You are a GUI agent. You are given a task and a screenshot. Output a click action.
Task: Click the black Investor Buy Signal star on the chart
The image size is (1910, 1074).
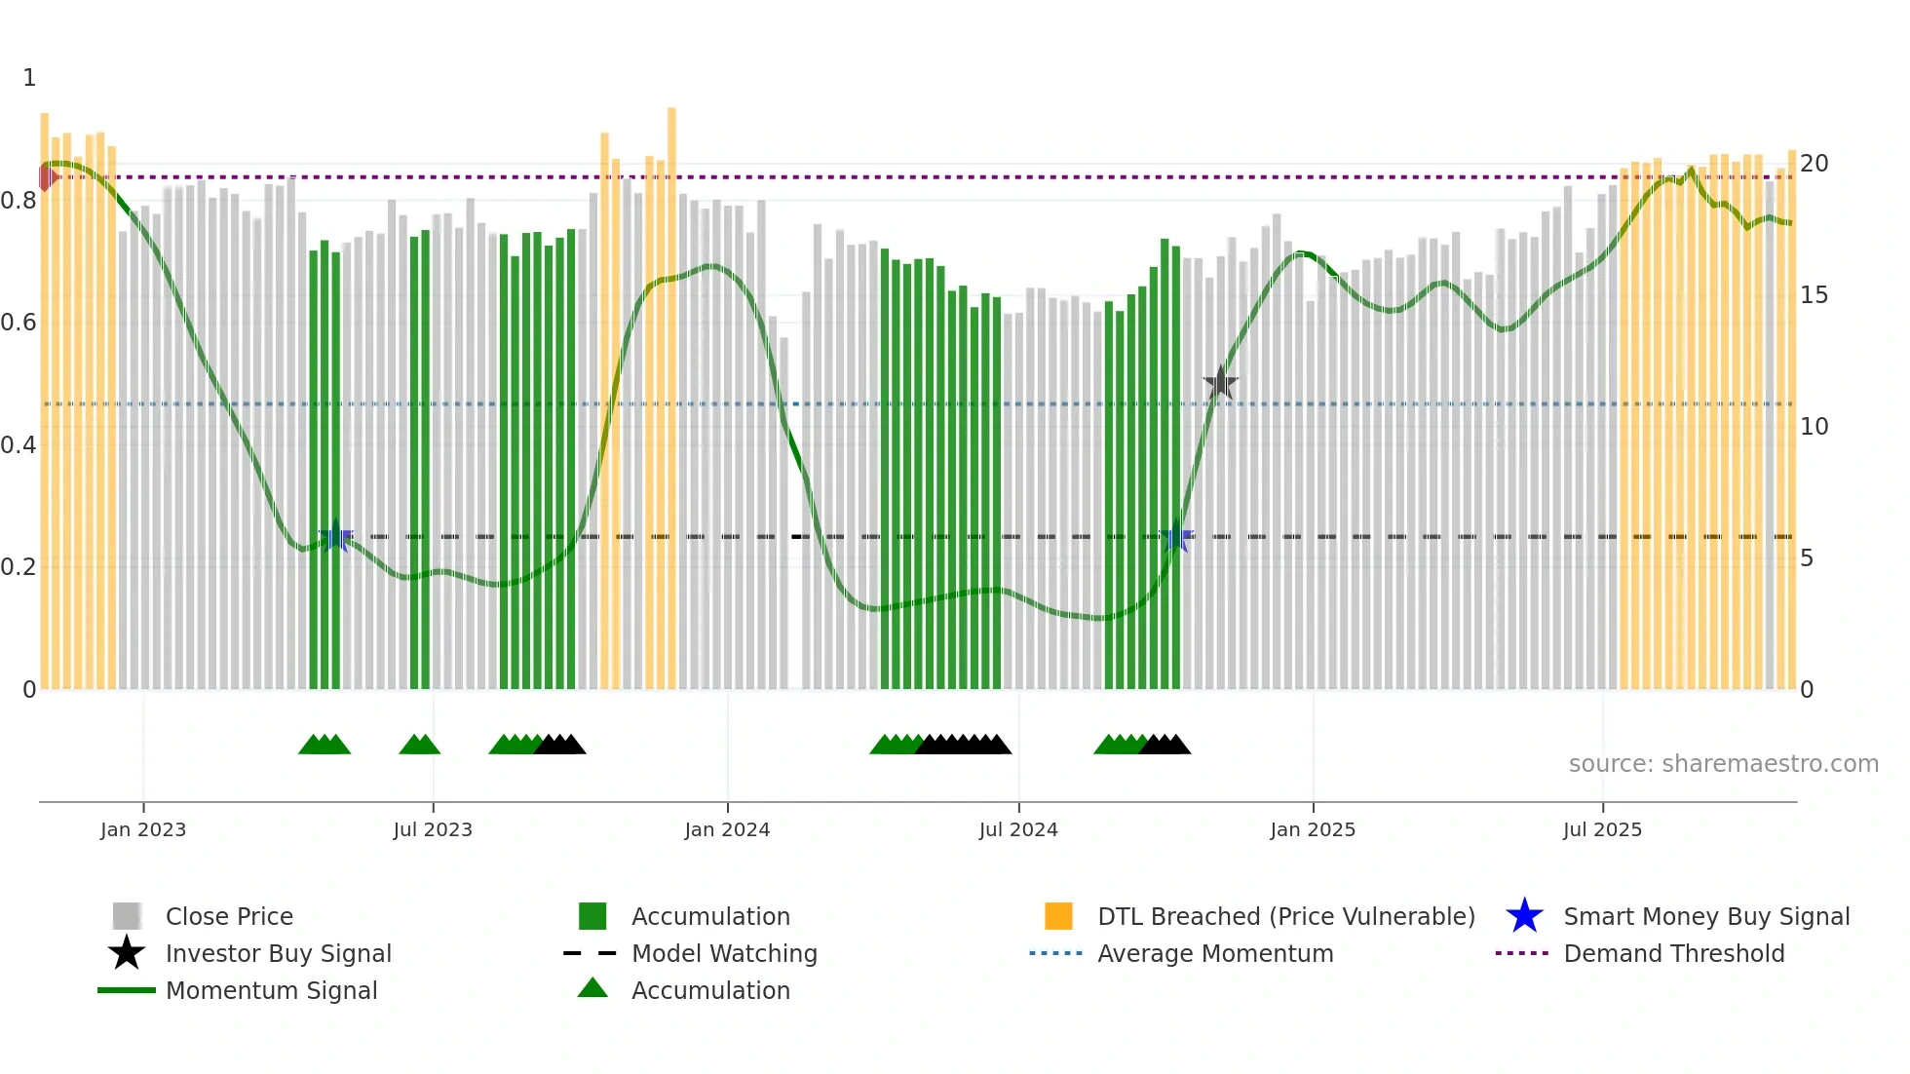[1220, 383]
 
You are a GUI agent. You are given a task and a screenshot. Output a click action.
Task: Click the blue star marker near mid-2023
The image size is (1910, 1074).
[336, 536]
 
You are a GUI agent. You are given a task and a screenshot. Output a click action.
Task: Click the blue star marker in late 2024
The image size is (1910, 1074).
[1176, 536]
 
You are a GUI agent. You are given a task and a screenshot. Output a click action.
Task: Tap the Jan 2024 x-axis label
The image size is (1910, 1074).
[727, 829]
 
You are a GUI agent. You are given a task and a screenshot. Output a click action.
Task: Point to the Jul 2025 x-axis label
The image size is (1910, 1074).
[1602, 829]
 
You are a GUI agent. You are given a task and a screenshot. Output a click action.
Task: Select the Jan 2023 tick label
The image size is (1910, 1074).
[143, 829]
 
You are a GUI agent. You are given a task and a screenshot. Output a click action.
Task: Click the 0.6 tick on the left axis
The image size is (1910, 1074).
[19, 323]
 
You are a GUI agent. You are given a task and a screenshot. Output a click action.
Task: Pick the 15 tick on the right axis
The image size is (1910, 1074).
[1814, 295]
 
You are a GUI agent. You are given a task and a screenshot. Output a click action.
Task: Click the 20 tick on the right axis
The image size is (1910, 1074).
[1814, 164]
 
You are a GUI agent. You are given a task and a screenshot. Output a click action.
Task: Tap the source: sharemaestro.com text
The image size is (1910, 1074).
[1723, 764]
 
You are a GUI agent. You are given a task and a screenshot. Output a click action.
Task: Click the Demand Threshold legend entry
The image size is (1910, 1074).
[1673, 953]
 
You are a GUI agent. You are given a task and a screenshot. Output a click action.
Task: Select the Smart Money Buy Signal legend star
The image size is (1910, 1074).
[1524, 916]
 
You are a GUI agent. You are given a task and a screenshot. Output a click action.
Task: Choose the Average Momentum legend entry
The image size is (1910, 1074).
[1214, 953]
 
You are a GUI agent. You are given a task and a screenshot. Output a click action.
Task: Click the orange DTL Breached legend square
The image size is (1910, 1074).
[1058, 916]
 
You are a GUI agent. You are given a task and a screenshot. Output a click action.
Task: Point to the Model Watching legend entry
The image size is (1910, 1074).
[723, 953]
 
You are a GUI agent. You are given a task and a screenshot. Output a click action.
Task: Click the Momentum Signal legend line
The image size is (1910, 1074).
[127, 990]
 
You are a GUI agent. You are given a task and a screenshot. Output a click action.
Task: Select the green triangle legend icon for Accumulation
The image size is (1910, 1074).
[592, 989]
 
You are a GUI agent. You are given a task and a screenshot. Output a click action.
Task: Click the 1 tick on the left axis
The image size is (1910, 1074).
[29, 78]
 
